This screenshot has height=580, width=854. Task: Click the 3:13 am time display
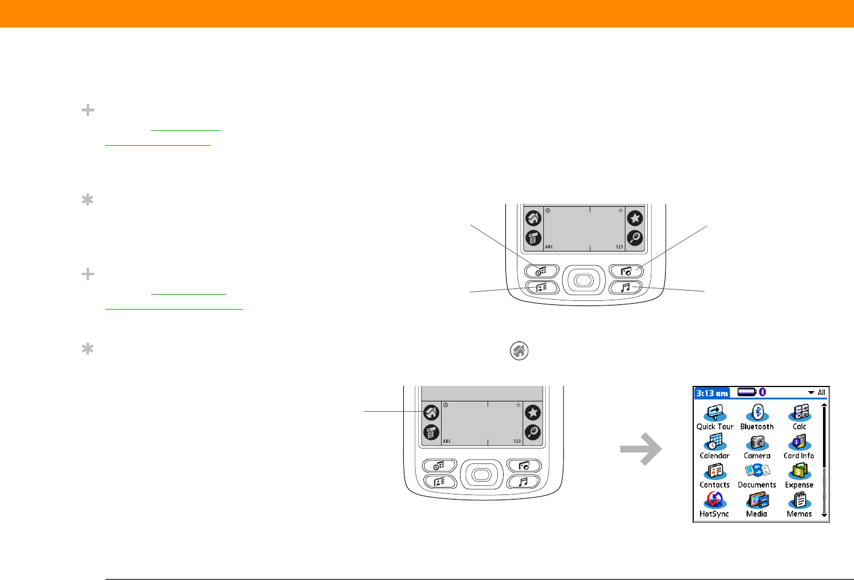[712, 393]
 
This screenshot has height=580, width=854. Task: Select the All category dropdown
[817, 393]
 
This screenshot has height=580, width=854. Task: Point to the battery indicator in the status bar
[747, 392]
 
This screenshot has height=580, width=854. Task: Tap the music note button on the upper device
[625, 287]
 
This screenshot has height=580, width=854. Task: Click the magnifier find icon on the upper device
[635, 238]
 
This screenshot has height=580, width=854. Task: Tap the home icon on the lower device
[431, 412]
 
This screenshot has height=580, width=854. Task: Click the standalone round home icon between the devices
[519, 351]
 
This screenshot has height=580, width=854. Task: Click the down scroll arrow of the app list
[825, 515]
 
